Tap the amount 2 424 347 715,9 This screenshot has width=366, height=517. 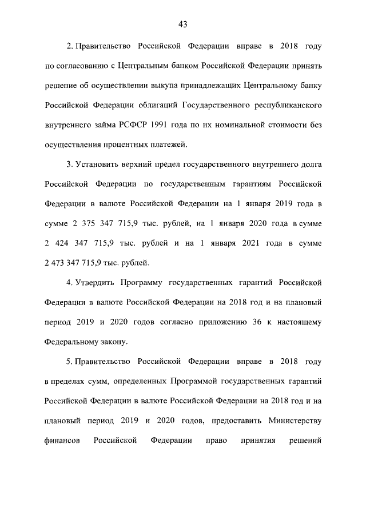coord(80,243)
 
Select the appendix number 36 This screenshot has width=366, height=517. coord(257,322)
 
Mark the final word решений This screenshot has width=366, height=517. coord(305,441)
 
